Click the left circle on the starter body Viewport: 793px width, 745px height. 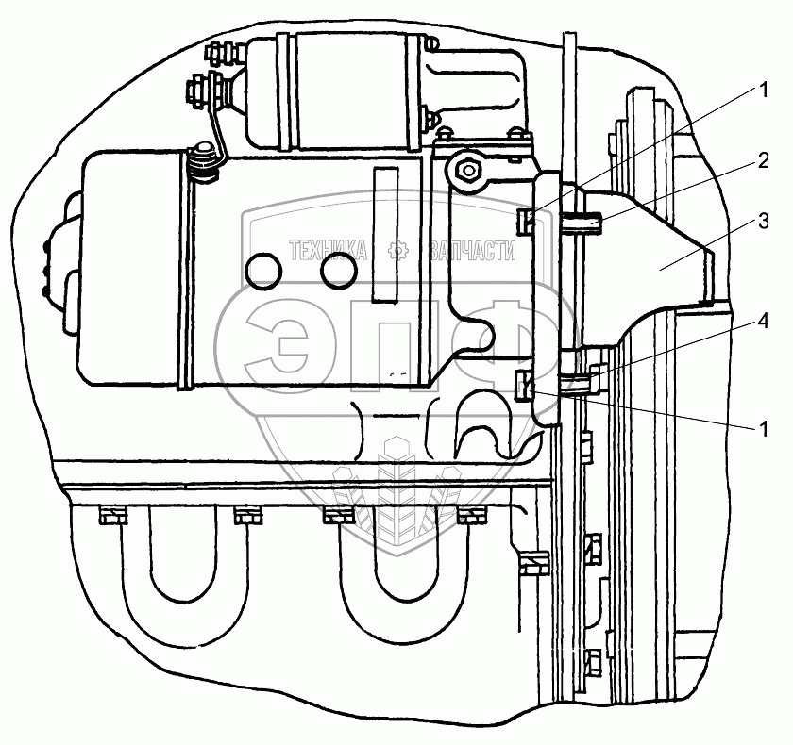point(263,272)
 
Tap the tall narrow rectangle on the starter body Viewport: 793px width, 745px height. point(385,235)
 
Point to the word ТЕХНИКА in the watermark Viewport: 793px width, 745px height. point(328,250)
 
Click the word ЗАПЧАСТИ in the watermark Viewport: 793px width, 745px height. point(472,250)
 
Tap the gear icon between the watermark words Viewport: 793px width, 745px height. point(397,250)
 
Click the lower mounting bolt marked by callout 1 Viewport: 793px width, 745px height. point(524,385)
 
